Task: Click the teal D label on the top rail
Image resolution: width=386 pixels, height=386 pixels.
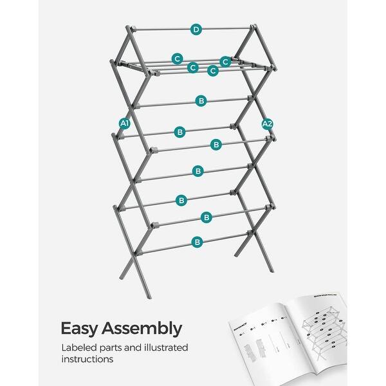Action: (196, 29)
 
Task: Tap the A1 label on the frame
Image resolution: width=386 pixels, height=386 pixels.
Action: (124, 123)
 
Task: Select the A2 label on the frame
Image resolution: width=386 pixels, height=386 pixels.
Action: (268, 124)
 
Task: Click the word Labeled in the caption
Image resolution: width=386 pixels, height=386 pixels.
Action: (80, 348)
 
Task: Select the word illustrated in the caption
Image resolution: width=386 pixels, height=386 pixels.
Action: (167, 348)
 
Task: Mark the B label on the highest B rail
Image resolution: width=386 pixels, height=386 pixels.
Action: (201, 101)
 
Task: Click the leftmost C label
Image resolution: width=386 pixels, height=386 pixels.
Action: (177, 59)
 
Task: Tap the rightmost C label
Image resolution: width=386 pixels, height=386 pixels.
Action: (225, 61)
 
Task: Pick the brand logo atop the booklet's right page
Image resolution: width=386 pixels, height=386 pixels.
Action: (322, 300)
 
